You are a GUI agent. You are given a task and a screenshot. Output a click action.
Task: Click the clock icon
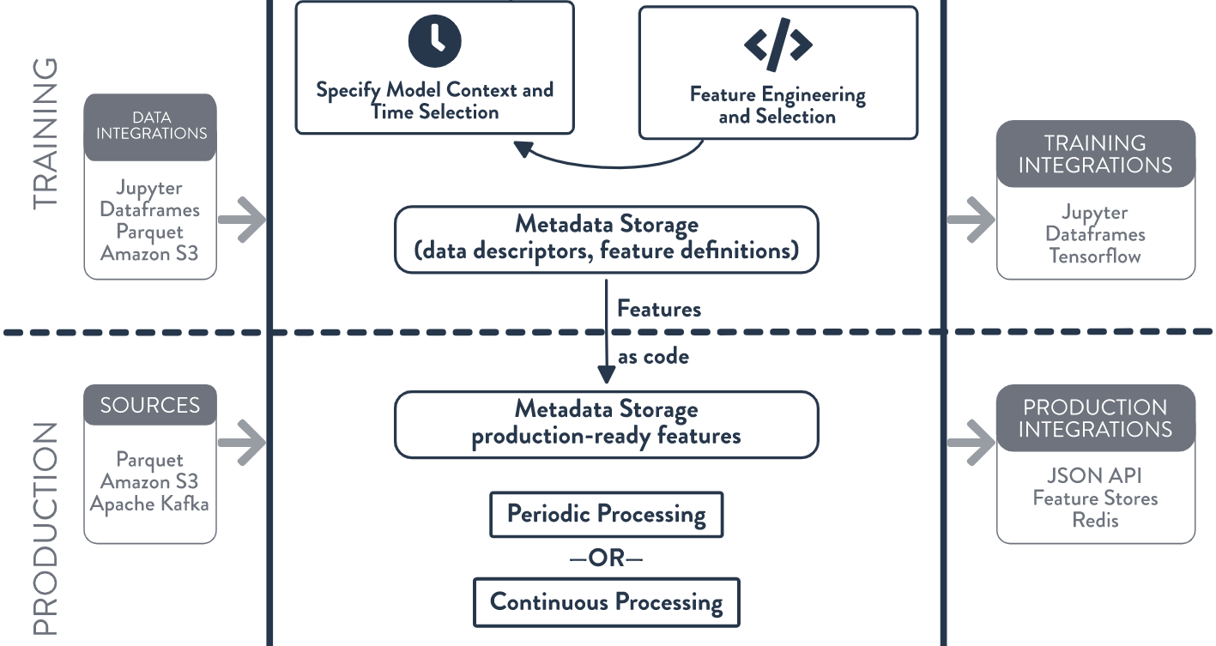click(x=434, y=40)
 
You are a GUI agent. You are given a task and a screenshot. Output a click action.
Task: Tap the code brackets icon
click(x=778, y=45)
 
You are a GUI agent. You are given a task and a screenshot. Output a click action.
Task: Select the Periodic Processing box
click(x=607, y=514)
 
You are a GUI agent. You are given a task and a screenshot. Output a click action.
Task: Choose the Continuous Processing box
click(x=607, y=602)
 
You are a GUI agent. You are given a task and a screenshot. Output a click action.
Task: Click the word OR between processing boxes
click(x=607, y=558)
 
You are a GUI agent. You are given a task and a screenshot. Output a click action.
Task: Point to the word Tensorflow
click(x=1095, y=256)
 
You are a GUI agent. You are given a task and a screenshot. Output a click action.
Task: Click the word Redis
click(x=1095, y=520)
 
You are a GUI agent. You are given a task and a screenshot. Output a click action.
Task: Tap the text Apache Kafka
click(x=149, y=504)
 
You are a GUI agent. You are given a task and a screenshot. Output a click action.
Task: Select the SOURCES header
click(x=150, y=405)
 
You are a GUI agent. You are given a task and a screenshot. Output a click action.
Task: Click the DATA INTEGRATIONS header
click(x=150, y=127)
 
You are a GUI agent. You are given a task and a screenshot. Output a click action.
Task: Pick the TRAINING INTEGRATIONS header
click(x=1096, y=154)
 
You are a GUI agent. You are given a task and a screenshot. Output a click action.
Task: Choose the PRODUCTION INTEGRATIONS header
click(x=1096, y=418)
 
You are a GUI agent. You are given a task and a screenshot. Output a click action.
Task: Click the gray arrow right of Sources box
click(x=242, y=443)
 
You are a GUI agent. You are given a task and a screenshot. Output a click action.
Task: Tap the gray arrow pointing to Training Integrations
click(x=971, y=220)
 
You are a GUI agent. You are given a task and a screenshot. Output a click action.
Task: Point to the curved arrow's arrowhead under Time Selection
click(x=523, y=148)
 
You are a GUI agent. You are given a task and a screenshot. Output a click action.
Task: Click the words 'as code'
click(x=654, y=357)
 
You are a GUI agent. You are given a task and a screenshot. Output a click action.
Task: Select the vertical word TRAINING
click(x=45, y=134)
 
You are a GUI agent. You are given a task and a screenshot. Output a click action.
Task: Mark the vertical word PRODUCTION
click(x=45, y=528)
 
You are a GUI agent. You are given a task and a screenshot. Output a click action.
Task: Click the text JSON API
click(x=1094, y=475)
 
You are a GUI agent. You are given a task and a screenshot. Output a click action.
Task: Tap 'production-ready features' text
click(x=606, y=436)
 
